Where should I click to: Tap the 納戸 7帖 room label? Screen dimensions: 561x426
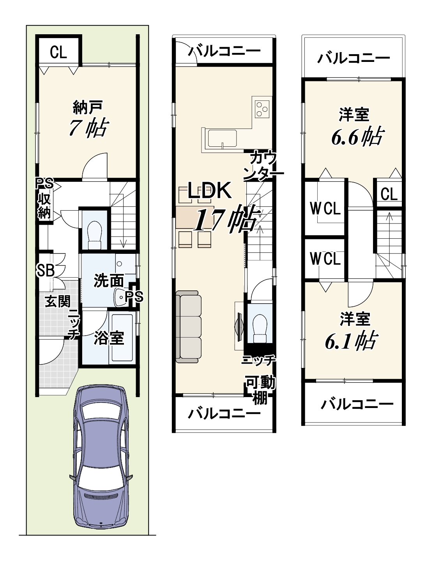(88, 119)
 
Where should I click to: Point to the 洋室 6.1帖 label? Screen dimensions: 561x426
(353, 331)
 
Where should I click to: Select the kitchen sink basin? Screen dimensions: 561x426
(222, 138)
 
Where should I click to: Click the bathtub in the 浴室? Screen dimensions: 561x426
(122, 337)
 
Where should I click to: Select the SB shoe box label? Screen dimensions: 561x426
(46, 270)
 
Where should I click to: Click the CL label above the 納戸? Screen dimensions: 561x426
(58, 52)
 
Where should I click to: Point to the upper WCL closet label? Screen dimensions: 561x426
(325, 208)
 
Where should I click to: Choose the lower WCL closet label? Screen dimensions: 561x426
(325, 259)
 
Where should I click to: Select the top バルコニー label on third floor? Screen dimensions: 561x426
(353, 58)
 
